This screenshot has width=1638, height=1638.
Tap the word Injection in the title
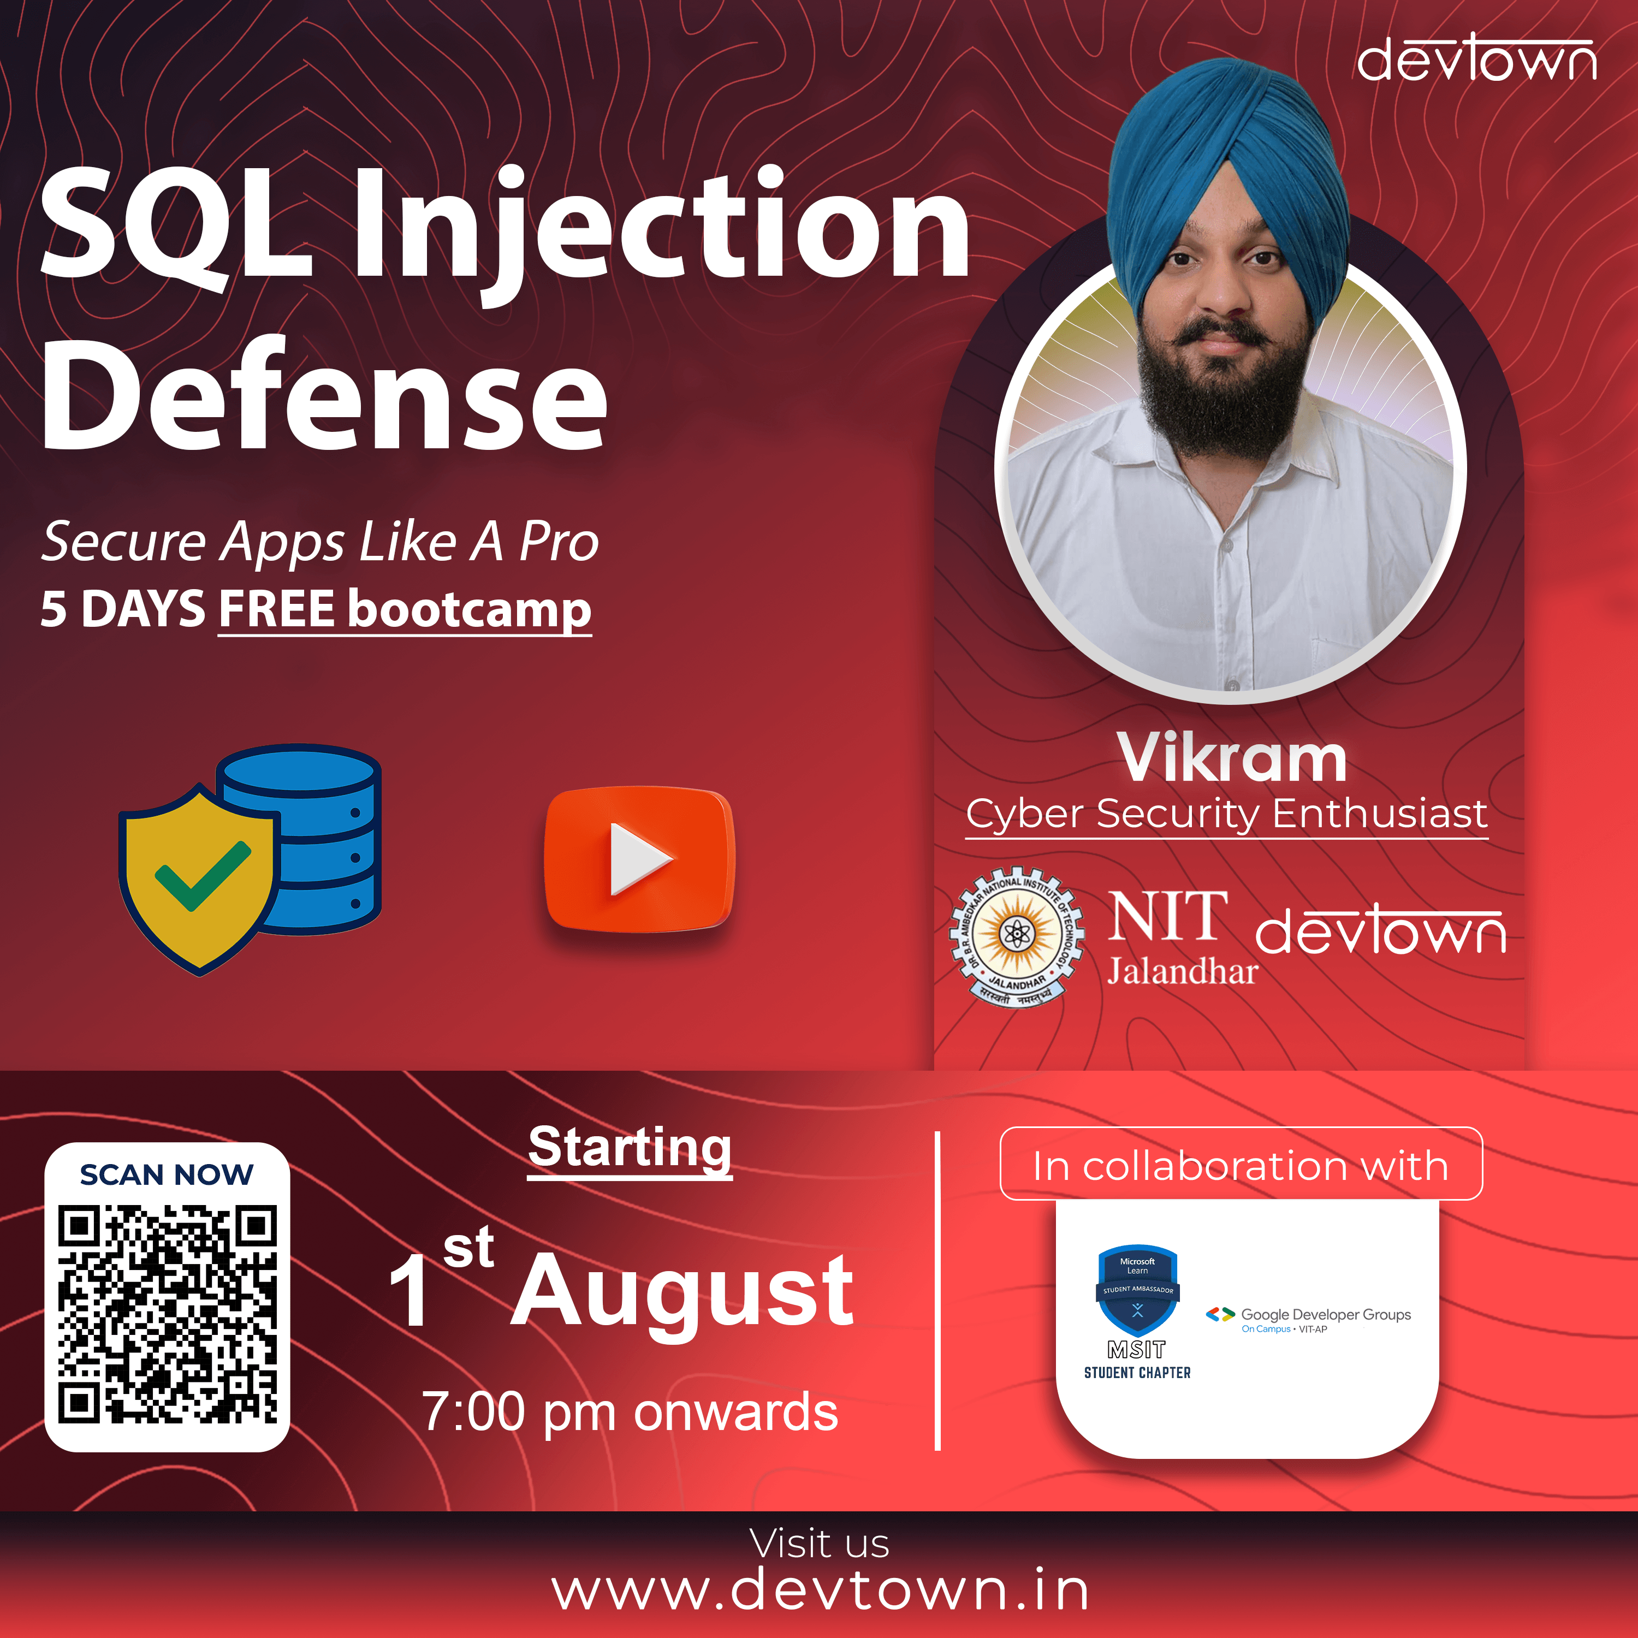pyautogui.click(x=661, y=229)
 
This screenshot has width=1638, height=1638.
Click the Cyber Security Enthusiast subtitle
pyautogui.click(x=1227, y=815)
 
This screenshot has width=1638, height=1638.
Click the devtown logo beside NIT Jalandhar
pyautogui.click(x=1380, y=929)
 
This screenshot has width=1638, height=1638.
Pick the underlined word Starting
pyautogui.click(x=630, y=1148)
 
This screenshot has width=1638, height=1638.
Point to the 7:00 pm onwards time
pyautogui.click(x=630, y=1411)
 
